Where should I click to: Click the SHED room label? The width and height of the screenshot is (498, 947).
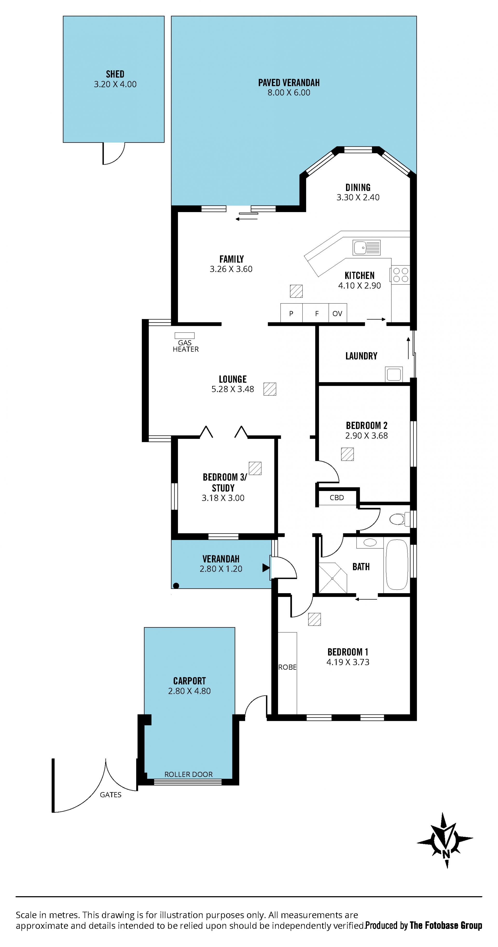click(115, 74)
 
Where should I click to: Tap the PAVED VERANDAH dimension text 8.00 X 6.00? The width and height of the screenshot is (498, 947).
click(289, 93)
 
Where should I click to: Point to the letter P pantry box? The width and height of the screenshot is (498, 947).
click(291, 313)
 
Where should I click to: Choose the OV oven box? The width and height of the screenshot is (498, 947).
click(337, 313)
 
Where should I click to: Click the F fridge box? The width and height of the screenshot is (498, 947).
click(316, 313)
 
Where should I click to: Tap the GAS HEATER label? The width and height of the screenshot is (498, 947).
click(186, 346)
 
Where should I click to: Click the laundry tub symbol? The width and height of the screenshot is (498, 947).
click(393, 374)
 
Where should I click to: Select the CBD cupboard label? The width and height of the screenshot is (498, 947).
click(336, 497)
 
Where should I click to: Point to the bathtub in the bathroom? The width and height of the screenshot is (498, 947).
click(397, 565)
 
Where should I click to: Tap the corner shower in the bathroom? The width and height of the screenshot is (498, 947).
click(333, 578)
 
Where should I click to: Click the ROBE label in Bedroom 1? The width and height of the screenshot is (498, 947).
click(287, 667)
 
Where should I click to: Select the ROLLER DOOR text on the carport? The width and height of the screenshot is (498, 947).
click(188, 774)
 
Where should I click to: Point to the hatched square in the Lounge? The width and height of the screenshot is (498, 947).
click(269, 389)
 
